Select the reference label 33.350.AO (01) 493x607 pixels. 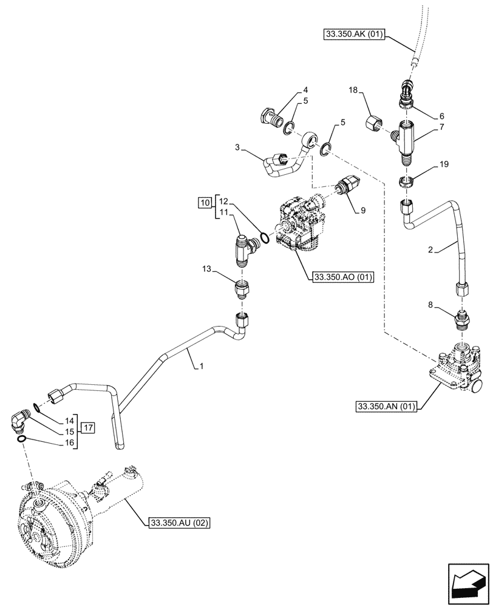pos(342,277)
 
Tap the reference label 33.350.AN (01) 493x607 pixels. pos(386,407)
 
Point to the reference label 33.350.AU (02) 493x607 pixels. pos(178,522)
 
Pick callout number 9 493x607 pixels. pos(362,210)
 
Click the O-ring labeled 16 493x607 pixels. pos(22,439)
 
